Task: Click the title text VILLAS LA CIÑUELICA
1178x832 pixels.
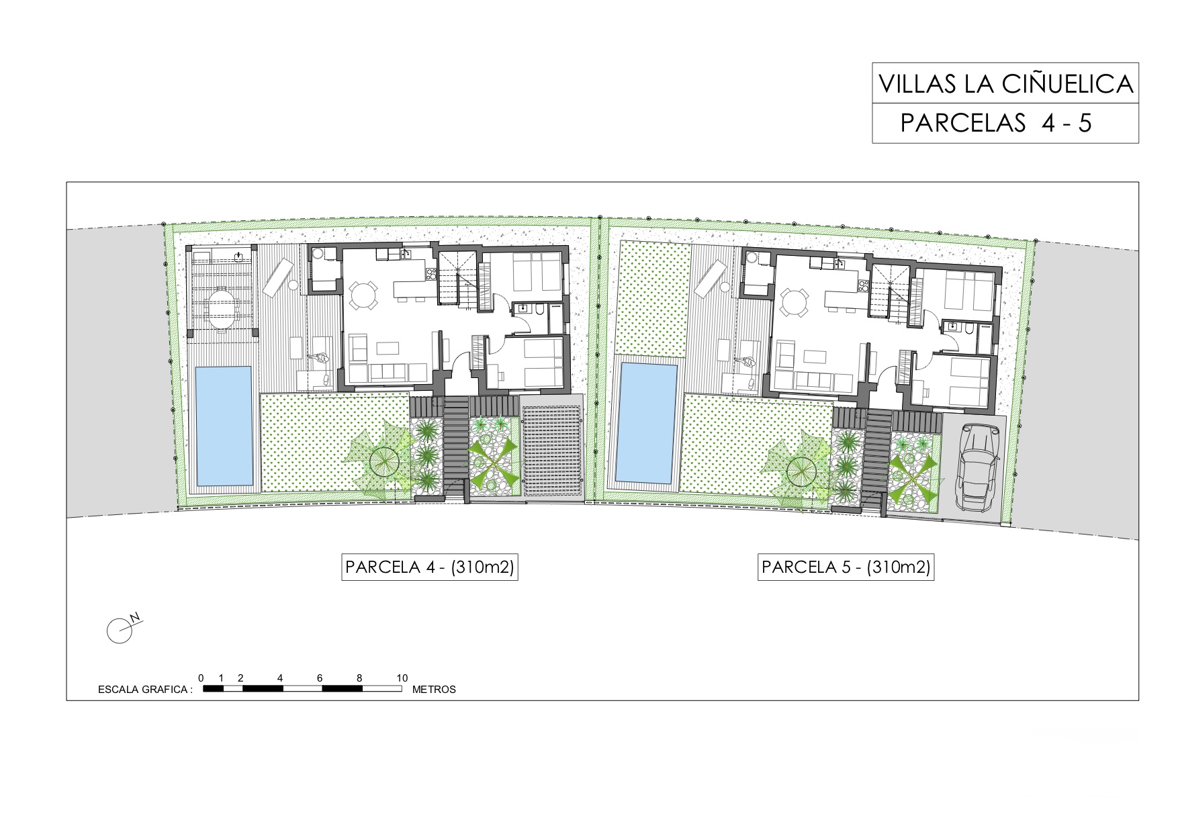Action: [x=1005, y=84]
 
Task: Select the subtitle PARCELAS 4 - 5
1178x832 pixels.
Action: [x=996, y=123]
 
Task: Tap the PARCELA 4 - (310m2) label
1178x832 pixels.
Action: [x=430, y=567]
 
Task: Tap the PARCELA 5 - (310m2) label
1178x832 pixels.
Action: [x=846, y=567]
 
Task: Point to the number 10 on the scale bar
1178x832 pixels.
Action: [x=402, y=678]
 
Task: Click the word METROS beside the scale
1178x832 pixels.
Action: [x=434, y=690]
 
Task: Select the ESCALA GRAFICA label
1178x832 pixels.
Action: [x=145, y=690]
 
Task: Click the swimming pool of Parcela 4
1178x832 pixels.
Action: [x=224, y=426]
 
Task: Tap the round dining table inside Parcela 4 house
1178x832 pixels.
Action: [x=363, y=295]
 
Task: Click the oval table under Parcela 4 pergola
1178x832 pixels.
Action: [x=222, y=308]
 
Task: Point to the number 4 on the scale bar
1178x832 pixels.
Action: [x=280, y=678]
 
